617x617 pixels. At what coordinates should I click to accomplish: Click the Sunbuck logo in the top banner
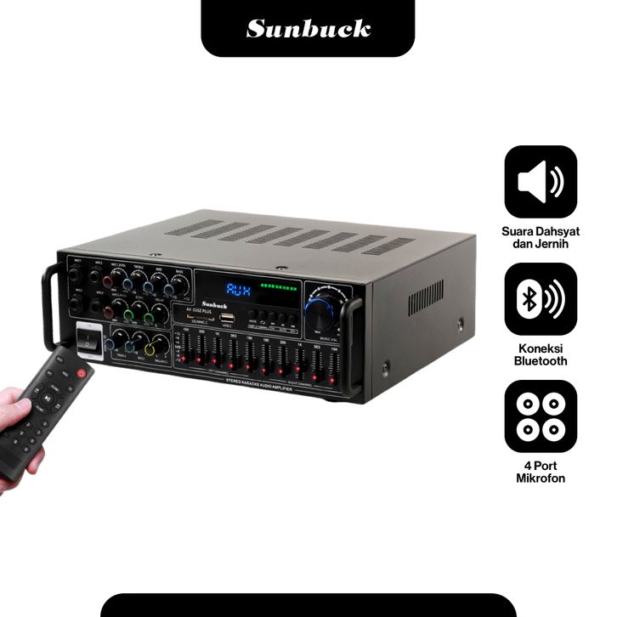[308, 28]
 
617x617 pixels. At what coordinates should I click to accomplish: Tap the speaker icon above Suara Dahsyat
[541, 182]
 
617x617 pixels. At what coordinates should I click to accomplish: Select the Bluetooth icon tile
[541, 299]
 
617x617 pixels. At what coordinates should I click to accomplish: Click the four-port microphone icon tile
[541, 416]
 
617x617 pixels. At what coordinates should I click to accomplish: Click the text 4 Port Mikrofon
[541, 472]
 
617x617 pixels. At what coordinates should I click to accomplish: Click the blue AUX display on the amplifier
[238, 291]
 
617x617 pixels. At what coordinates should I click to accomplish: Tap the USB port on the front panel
[228, 318]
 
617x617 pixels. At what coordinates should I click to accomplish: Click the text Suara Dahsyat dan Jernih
[541, 238]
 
